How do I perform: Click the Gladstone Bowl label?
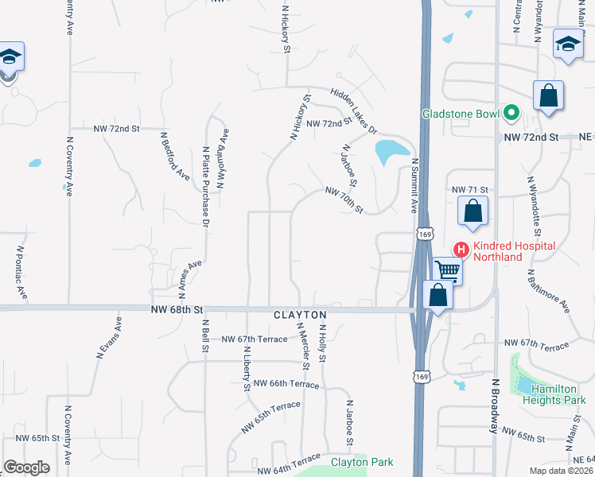click(x=460, y=113)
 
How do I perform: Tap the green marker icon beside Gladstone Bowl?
click(x=510, y=113)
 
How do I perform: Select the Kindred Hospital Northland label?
click(x=514, y=251)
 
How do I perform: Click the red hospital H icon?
click(x=459, y=249)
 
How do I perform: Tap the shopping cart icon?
click(x=447, y=271)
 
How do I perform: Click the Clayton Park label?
click(x=362, y=462)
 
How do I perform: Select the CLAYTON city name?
click(x=301, y=315)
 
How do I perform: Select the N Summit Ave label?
click(x=414, y=184)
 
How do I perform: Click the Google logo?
click(x=26, y=467)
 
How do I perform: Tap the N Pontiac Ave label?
click(x=21, y=271)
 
